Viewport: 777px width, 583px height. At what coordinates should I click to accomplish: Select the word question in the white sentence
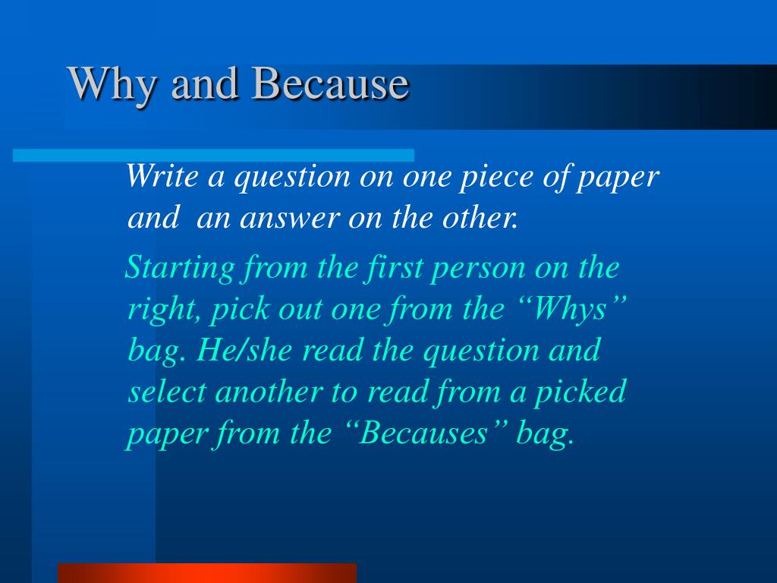click(291, 177)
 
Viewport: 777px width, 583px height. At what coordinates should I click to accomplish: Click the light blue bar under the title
click(213, 155)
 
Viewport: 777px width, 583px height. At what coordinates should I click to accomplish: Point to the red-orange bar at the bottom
click(206, 572)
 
